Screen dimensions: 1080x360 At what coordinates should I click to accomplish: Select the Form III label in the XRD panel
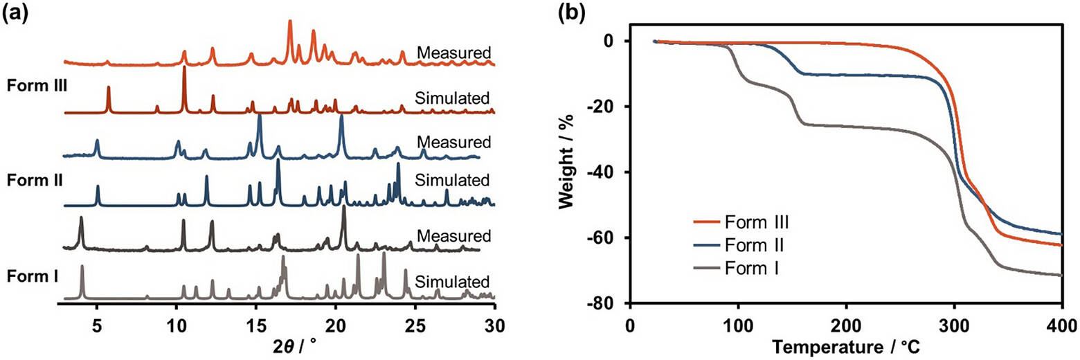click(37, 86)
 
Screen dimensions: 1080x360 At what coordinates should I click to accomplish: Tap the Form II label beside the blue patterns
click(35, 180)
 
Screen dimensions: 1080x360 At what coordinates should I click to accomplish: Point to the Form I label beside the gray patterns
click(33, 277)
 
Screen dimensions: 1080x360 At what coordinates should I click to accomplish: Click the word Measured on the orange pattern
click(453, 53)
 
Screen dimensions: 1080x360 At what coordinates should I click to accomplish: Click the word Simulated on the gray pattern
click(452, 282)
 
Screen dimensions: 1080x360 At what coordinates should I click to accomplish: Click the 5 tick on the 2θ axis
click(97, 326)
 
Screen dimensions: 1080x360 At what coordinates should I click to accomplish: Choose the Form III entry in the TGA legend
click(741, 222)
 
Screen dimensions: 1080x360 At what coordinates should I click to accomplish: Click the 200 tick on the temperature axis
click(846, 326)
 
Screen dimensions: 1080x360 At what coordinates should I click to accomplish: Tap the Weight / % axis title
click(568, 162)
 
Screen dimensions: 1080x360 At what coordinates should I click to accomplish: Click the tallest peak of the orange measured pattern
click(290, 21)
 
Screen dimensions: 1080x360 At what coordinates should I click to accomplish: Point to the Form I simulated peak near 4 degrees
click(82, 266)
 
